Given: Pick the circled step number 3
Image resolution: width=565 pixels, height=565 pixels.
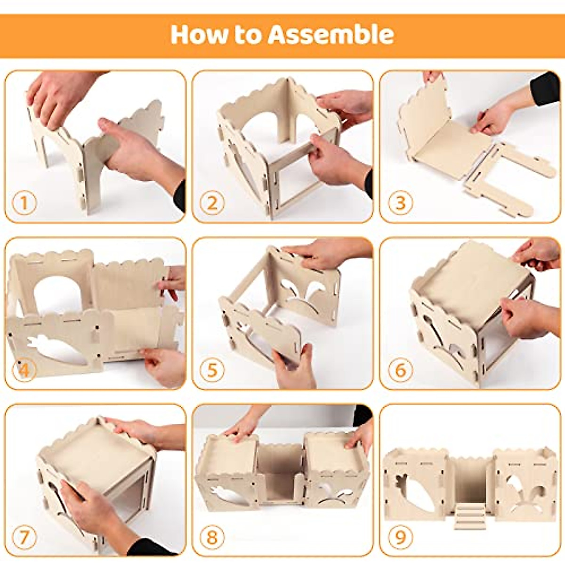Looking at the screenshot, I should tap(400, 203).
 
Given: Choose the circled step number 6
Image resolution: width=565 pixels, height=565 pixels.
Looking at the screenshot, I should tap(400, 370).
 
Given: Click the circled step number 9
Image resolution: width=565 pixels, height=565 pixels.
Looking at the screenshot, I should tap(400, 537).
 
